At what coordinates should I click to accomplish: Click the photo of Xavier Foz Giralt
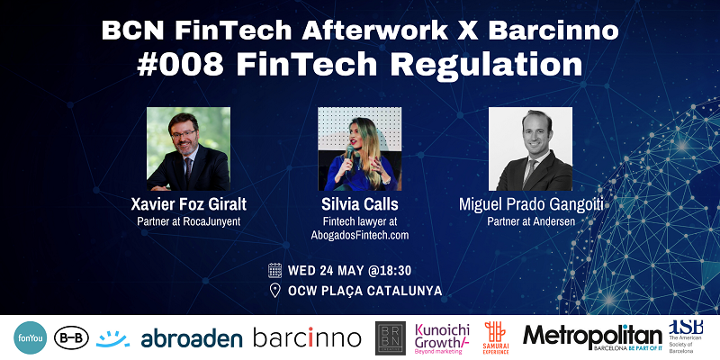tap(187, 148)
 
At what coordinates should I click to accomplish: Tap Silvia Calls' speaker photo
tap(359, 148)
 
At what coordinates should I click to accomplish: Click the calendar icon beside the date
tap(275, 269)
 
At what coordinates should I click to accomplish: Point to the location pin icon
tap(275, 290)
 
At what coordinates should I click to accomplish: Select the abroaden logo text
tap(191, 338)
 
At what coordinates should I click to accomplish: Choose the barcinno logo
tap(307, 338)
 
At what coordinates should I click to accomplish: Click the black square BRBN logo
tap(390, 337)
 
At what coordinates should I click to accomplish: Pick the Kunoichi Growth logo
tap(444, 337)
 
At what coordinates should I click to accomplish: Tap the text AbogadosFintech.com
tap(360, 235)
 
